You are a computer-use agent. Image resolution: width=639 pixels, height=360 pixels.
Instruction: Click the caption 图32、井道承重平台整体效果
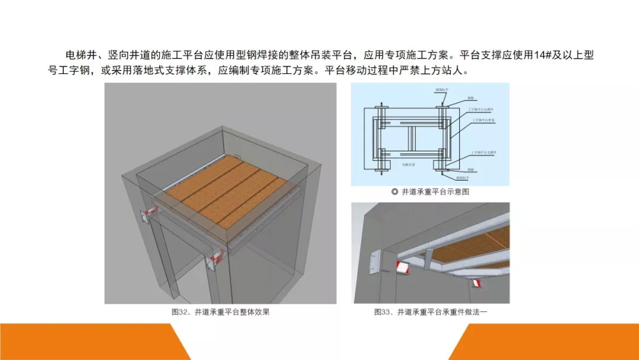(220, 312)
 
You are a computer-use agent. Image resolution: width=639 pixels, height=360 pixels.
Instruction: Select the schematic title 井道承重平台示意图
(435, 192)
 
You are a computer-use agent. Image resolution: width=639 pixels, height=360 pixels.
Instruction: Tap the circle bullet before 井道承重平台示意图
(395, 192)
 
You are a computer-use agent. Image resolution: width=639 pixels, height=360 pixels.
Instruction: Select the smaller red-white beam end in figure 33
(476, 285)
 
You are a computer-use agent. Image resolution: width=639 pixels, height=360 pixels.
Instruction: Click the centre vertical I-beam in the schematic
(412, 140)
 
